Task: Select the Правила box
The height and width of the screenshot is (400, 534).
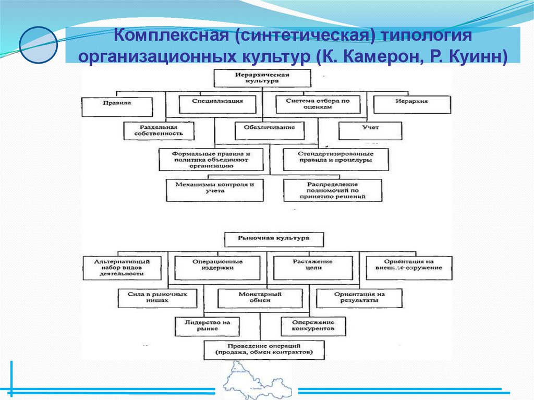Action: [117, 104]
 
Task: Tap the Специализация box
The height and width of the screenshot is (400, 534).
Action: [217, 104]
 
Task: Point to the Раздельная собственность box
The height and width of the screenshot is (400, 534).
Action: [159, 130]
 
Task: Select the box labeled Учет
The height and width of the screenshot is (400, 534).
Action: [370, 130]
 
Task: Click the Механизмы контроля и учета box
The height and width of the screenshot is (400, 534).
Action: [215, 190]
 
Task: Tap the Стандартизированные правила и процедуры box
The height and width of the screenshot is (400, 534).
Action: [335, 160]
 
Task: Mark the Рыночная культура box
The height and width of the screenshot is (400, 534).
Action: [273, 238]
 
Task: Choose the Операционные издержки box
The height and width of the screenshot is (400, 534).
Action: [217, 267]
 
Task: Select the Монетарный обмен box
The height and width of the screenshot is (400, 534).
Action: [260, 297]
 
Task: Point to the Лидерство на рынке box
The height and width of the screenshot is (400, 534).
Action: [208, 326]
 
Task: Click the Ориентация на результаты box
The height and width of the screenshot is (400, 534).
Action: [359, 297]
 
